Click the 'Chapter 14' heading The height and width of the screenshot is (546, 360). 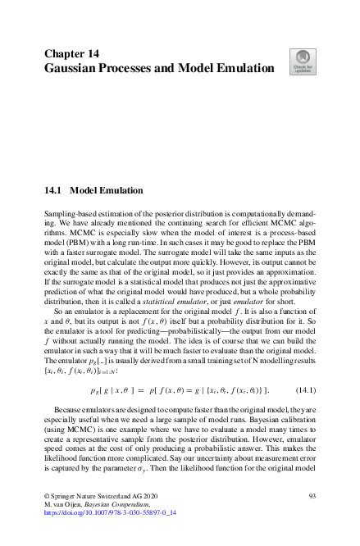71,53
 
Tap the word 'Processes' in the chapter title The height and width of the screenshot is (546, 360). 141,69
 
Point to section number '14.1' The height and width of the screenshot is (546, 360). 53,189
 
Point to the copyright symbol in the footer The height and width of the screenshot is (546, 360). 46,497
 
